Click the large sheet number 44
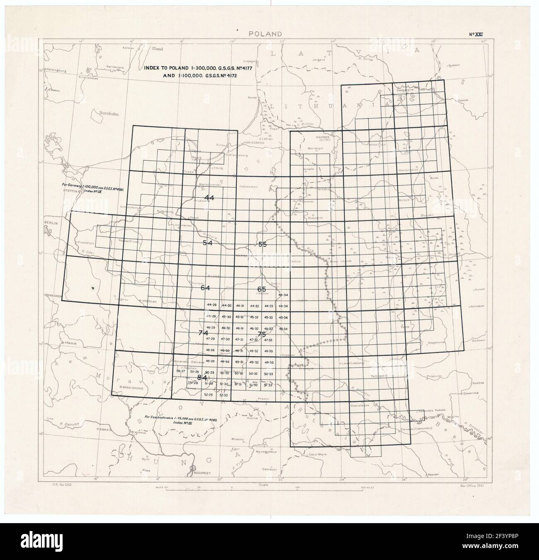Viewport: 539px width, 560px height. point(209,198)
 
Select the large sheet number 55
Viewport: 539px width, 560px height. point(262,244)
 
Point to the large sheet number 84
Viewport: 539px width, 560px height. point(202,377)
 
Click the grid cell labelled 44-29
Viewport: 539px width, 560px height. point(211,305)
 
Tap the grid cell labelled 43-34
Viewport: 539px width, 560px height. point(283,295)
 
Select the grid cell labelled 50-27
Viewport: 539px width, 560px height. point(181,371)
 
